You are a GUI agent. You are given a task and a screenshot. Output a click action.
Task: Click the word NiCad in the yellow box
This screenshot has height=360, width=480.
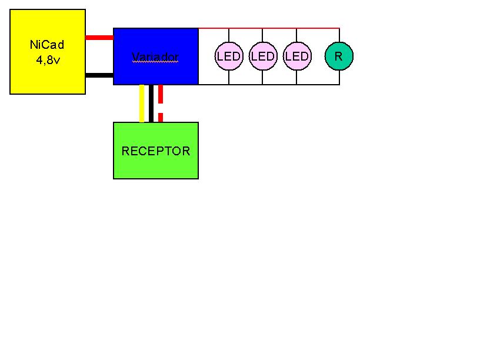(x=47, y=45)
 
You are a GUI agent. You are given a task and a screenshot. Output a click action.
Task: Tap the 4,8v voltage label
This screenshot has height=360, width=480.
(x=48, y=60)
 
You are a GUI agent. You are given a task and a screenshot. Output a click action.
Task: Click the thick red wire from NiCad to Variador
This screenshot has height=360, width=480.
(x=99, y=38)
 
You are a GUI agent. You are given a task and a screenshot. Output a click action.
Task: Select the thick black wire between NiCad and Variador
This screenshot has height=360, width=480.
(x=99, y=75)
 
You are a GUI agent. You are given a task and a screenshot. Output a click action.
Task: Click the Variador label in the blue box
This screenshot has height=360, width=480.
(x=155, y=56)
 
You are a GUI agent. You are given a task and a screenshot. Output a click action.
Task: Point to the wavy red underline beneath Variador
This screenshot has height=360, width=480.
(x=155, y=62)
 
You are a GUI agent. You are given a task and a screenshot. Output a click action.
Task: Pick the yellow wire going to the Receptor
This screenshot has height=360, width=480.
(x=142, y=104)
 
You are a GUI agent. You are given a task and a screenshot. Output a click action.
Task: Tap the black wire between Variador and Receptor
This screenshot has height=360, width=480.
(x=151, y=104)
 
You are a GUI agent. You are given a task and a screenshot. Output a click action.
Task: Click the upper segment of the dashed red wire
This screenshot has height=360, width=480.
(x=161, y=94)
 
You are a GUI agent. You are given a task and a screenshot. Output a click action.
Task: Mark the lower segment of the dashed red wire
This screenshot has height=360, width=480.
(x=161, y=118)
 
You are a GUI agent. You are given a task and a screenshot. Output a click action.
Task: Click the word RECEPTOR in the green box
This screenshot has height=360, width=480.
(x=156, y=151)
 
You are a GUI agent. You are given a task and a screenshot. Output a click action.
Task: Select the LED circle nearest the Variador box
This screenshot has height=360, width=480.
(x=229, y=56)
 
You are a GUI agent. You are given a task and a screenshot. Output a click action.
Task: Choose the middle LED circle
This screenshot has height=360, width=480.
(x=263, y=56)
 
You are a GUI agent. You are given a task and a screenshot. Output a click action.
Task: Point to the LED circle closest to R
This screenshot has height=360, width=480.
(x=297, y=56)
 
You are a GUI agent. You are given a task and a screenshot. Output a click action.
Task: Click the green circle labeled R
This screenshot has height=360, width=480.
(x=339, y=56)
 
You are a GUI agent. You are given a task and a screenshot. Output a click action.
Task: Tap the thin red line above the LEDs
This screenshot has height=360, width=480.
(x=269, y=28)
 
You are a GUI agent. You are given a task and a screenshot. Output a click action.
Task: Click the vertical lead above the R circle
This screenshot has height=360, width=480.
(x=339, y=35)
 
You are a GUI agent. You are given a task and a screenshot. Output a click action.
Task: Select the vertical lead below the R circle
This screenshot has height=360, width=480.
(x=339, y=77)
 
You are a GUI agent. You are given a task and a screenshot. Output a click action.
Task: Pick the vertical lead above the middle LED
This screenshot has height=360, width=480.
(x=262, y=35)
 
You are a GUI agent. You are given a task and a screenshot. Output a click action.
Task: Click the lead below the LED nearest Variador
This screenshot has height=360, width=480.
(x=229, y=77)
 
